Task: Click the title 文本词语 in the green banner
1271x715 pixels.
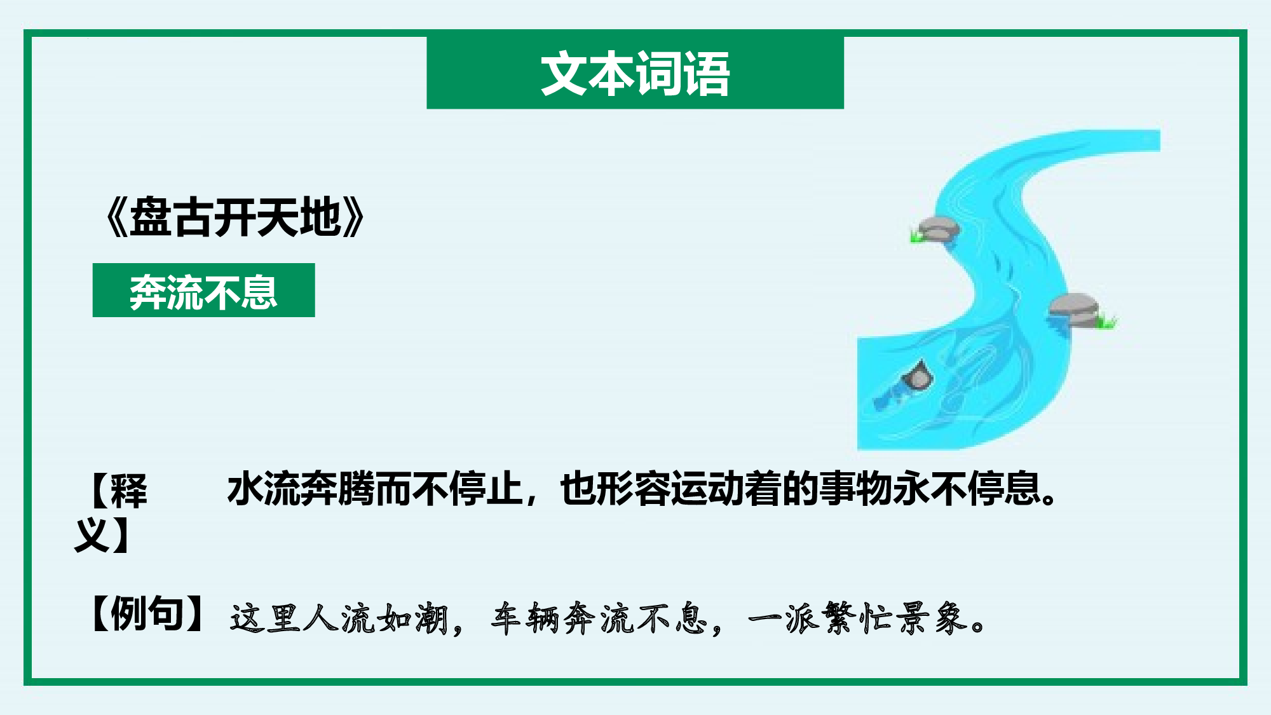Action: click(635, 74)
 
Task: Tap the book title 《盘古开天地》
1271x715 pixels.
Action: click(235, 218)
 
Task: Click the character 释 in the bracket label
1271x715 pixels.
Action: click(128, 491)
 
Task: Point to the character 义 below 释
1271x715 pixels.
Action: click(93, 535)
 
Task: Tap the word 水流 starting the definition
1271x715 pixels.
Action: click(264, 489)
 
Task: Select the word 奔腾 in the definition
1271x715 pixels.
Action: click(338, 489)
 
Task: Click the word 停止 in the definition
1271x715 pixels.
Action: click(486, 489)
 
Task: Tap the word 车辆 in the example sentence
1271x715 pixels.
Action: click(526, 618)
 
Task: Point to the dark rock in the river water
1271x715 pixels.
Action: click(918, 376)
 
